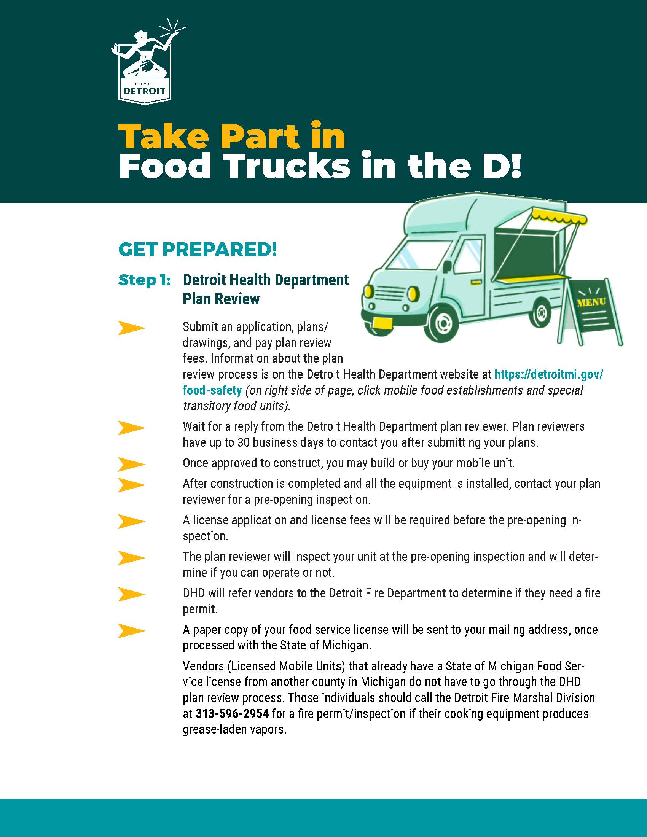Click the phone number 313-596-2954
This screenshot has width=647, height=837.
pyautogui.click(x=232, y=714)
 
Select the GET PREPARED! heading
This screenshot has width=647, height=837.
pyautogui.click(x=198, y=250)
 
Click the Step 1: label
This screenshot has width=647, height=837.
pyautogui.click(x=145, y=280)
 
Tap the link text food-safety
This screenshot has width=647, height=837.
pyautogui.click(x=212, y=390)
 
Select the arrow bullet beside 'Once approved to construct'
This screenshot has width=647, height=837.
pyautogui.click(x=131, y=464)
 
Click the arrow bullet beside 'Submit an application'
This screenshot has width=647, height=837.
pyautogui.click(x=131, y=328)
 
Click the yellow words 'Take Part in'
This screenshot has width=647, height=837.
pyautogui.click(x=232, y=136)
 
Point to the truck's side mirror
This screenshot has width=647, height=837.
pyautogui.click(x=447, y=266)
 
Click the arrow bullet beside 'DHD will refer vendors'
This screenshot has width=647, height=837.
pyautogui.click(x=131, y=594)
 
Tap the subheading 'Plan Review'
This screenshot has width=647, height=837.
pyautogui.click(x=221, y=299)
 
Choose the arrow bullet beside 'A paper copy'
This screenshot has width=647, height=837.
pyautogui.click(x=131, y=631)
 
